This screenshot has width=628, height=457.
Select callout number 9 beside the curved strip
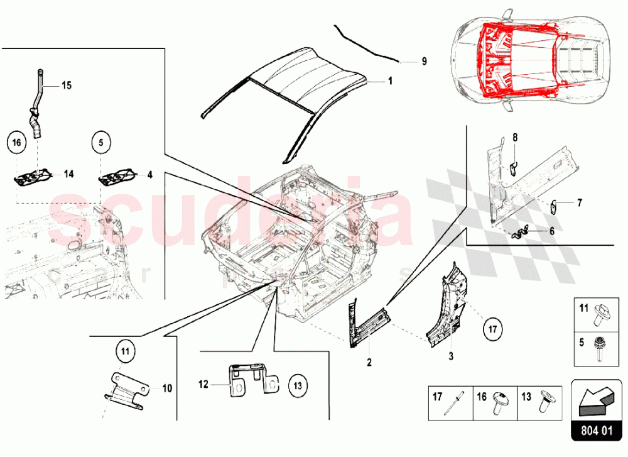click(423, 62)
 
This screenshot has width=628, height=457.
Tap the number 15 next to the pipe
click(67, 85)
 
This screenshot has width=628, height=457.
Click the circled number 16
click(18, 143)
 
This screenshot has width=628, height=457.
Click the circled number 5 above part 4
click(100, 143)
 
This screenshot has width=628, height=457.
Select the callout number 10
click(167, 388)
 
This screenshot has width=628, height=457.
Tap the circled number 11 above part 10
click(125, 351)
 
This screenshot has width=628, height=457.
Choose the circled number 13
click(297, 384)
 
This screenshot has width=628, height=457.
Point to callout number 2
click(369, 363)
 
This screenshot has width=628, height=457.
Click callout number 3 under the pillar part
click(450, 355)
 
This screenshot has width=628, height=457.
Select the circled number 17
click(493, 328)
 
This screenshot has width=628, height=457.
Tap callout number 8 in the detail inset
click(515, 137)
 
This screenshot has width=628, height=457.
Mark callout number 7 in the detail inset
click(580, 202)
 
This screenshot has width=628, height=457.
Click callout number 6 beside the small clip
click(551, 231)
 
